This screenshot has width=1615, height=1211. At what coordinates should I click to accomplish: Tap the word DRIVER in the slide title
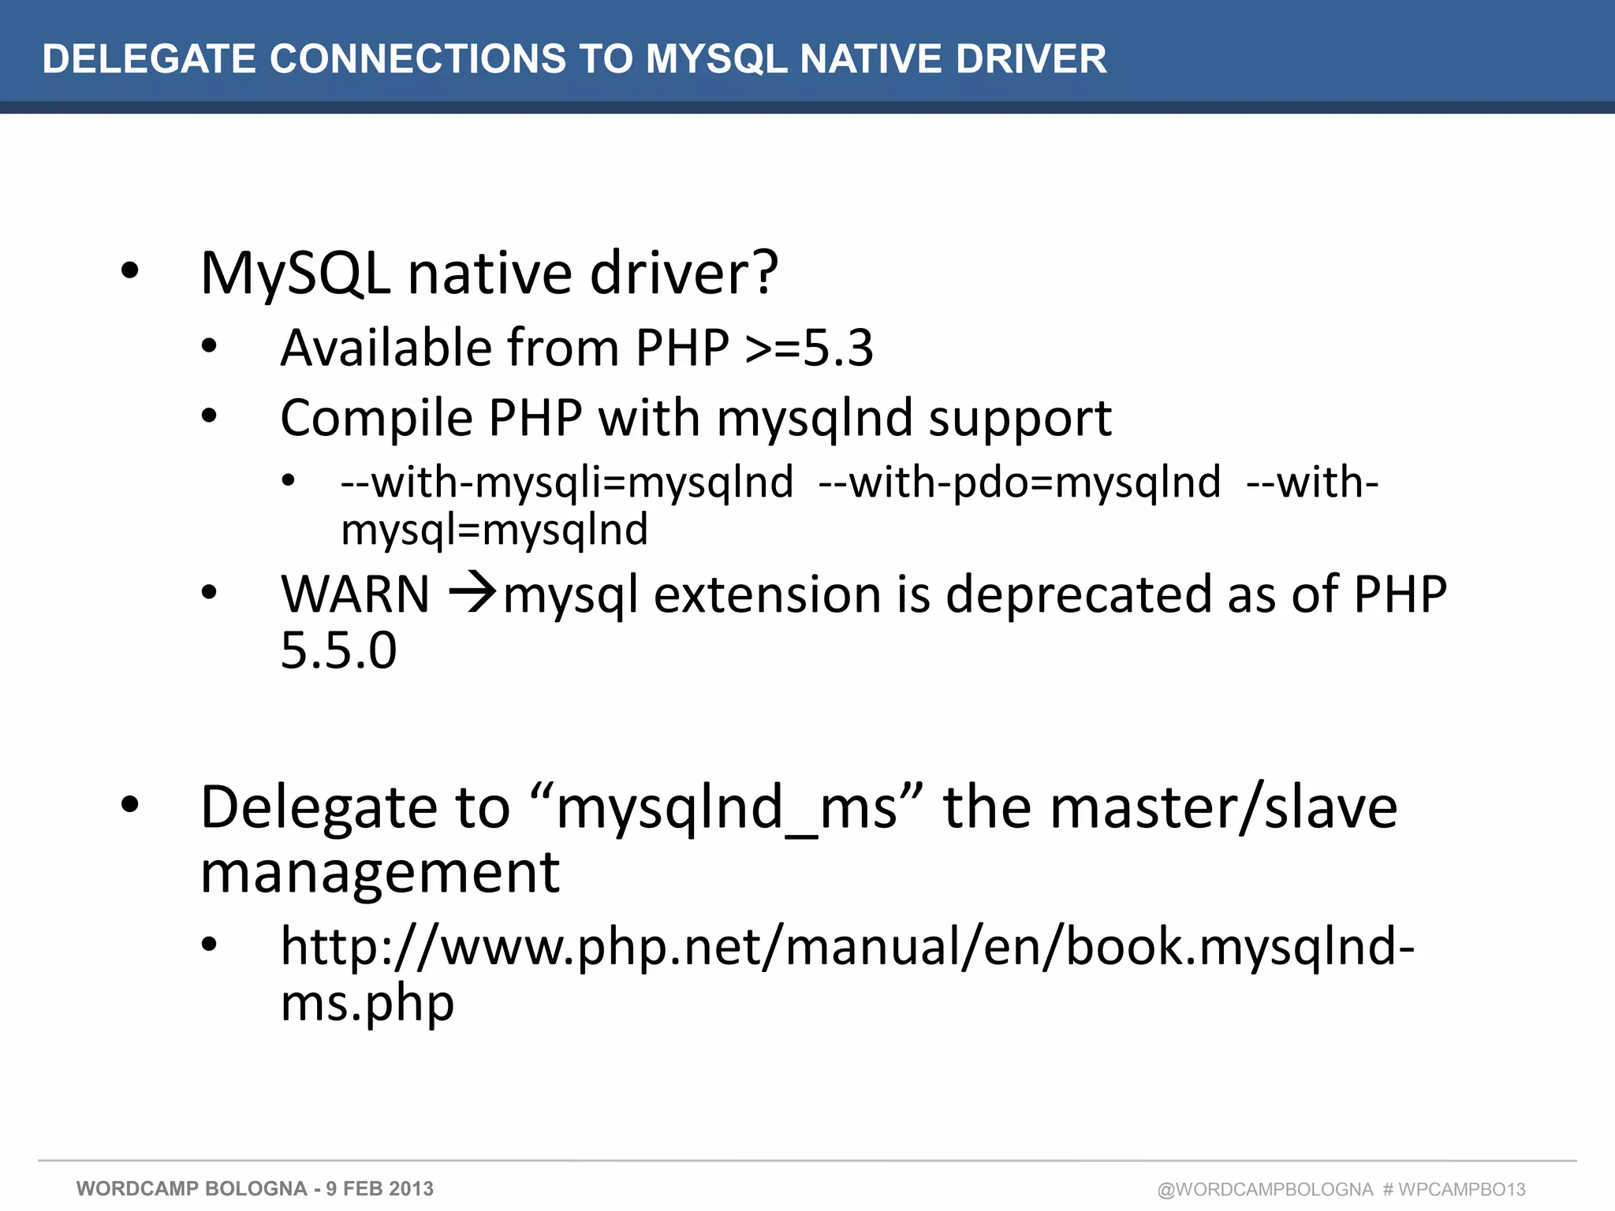tap(1031, 59)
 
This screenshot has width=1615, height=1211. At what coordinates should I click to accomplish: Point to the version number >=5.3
tap(810, 348)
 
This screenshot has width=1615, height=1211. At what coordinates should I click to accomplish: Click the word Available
tap(386, 348)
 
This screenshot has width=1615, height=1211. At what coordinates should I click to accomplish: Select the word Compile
tap(375, 418)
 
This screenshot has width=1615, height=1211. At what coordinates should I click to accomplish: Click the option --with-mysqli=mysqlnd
tap(567, 482)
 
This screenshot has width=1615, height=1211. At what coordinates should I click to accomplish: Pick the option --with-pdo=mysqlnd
tap(1020, 482)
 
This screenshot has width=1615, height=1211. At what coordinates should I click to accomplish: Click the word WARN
tap(356, 594)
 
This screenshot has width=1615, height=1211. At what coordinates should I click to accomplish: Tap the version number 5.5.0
tap(338, 650)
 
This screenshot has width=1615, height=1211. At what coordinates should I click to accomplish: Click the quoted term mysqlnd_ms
tap(727, 808)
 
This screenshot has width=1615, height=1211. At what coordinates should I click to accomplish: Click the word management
tap(380, 873)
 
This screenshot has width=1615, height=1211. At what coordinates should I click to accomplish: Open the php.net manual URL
tap(847, 946)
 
